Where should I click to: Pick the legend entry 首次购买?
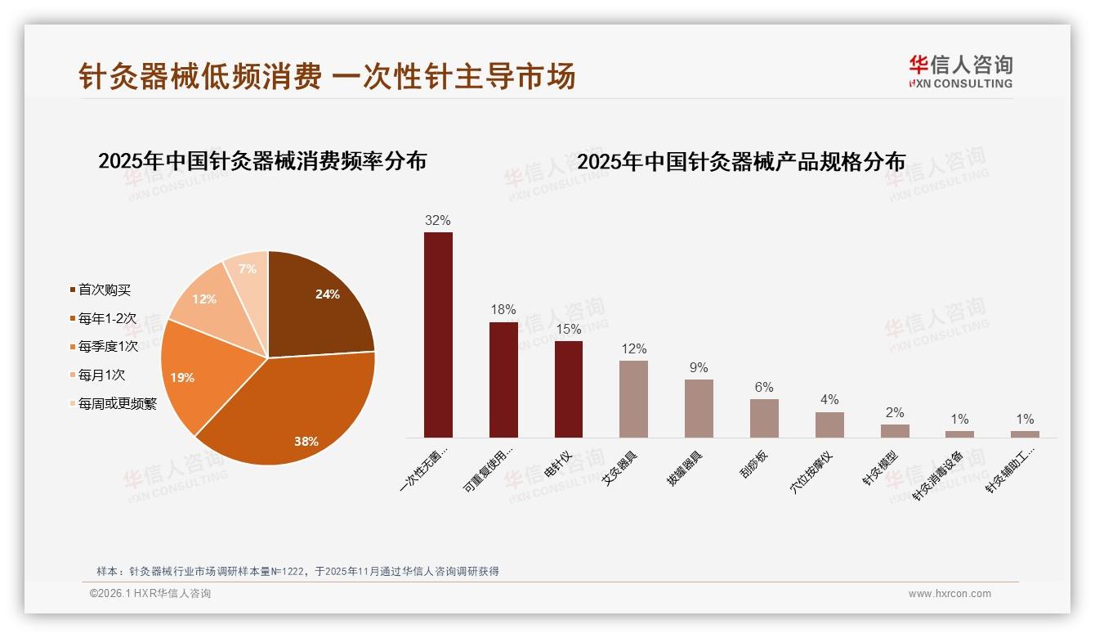click(x=104, y=290)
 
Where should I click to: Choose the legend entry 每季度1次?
click(x=108, y=347)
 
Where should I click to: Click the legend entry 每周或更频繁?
click(x=117, y=404)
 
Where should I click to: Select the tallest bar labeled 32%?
click(x=438, y=335)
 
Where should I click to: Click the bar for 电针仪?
click(x=569, y=389)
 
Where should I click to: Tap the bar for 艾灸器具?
click(x=633, y=398)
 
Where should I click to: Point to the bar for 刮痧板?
click(x=764, y=418)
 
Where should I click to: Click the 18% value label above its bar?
click(x=503, y=310)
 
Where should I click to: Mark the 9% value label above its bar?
click(x=699, y=368)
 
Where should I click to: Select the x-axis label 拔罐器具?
click(x=685, y=469)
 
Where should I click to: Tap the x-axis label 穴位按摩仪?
click(x=811, y=473)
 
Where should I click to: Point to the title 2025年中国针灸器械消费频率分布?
click(x=262, y=161)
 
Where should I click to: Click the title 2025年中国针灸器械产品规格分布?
click(x=741, y=162)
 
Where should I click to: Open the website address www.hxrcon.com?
click(x=950, y=594)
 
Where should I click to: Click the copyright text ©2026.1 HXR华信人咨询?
click(x=150, y=594)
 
